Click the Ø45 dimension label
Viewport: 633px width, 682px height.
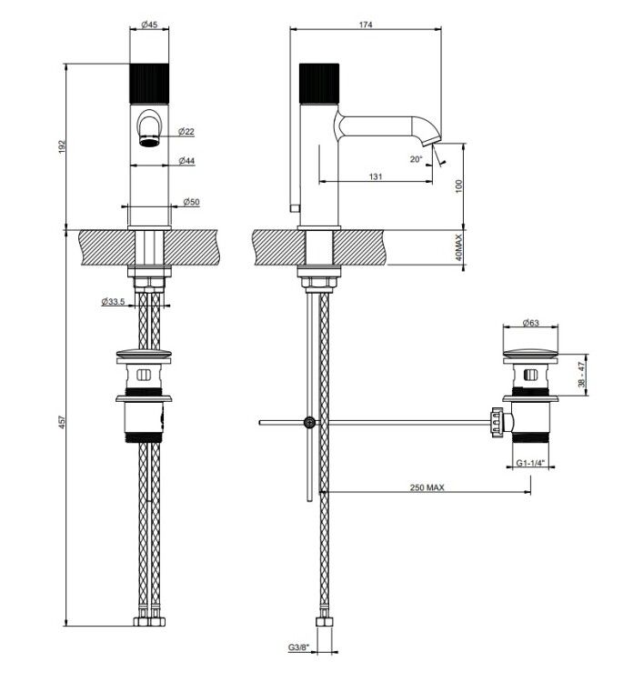point(149,25)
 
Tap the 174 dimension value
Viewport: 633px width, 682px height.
point(366,25)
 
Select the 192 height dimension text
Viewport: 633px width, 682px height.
point(61,146)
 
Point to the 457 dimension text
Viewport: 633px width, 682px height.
point(61,422)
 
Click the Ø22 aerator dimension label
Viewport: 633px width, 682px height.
point(186,131)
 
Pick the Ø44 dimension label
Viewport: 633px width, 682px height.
point(186,161)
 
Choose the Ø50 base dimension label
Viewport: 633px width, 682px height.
point(191,202)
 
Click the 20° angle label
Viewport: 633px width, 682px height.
point(416,159)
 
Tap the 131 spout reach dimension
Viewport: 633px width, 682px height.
point(376,176)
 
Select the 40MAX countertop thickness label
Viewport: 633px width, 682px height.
point(458,247)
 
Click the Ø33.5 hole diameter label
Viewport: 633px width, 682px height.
point(114,301)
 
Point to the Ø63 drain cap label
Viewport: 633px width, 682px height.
point(530,322)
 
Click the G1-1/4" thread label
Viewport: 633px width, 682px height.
point(531,463)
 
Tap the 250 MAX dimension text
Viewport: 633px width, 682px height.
point(427,487)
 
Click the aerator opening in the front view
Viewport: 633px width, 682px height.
point(149,141)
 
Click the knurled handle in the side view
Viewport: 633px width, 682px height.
point(319,84)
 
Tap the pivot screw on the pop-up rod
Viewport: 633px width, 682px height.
point(310,422)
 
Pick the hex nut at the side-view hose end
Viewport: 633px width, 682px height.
point(324,621)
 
